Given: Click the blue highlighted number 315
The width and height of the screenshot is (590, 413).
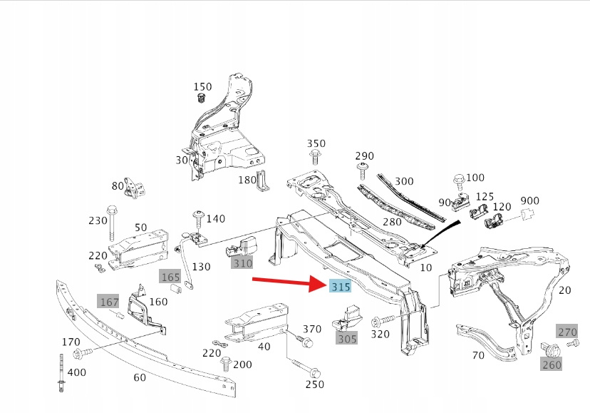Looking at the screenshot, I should [x=340, y=287].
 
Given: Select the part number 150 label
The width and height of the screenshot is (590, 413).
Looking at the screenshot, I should [x=203, y=87].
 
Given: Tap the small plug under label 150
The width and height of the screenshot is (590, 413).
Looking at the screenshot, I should [x=202, y=98].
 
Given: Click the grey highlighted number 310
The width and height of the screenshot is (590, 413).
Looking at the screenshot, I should [x=243, y=263].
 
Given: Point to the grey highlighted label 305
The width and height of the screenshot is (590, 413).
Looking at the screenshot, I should [x=346, y=339].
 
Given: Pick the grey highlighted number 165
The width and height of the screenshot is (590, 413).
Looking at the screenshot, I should [x=170, y=277].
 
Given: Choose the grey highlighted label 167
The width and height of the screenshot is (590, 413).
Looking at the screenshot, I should [x=109, y=302].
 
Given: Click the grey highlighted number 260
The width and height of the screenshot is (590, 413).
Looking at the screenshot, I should [x=552, y=364].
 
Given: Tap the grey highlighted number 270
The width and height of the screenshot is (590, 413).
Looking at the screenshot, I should [x=567, y=332].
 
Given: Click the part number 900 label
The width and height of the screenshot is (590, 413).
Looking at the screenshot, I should [x=530, y=200].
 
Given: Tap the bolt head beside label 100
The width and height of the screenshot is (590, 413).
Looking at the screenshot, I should [x=457, y=180].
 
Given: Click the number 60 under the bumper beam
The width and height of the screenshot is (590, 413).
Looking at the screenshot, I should [x=139, y=377].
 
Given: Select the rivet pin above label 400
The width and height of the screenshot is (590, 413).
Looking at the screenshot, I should [x=61, y=374].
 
